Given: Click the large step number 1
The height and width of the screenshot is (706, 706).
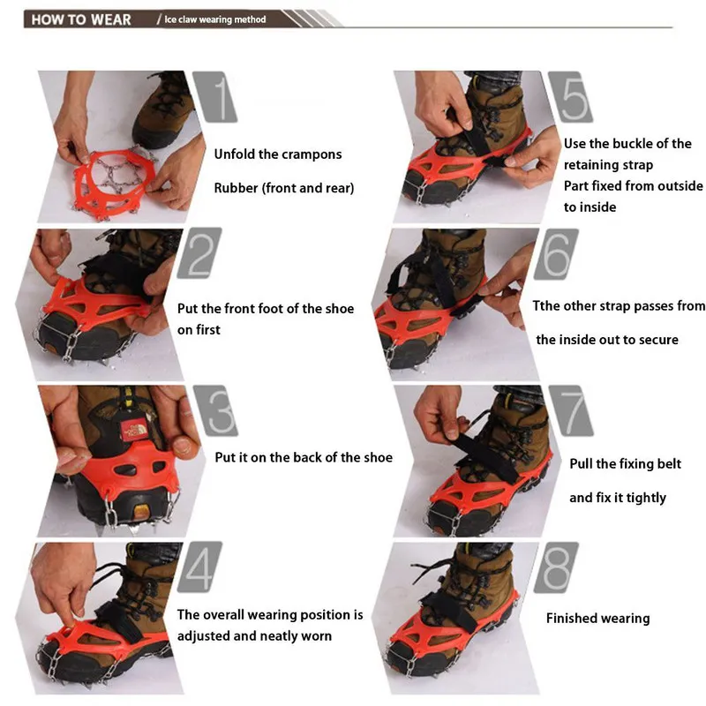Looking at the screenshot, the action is [214, 97].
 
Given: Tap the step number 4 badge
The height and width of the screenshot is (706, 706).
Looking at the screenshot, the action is [199, 567].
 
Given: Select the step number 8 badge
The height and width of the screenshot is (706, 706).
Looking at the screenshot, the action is [556, 567].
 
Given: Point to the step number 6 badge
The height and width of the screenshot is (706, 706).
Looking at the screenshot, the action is [556, 254].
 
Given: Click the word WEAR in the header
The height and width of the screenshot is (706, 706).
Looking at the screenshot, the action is [111, 19].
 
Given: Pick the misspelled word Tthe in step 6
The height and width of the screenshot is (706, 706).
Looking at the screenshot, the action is [545, 305].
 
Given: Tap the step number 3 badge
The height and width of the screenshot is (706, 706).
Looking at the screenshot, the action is [215, 410].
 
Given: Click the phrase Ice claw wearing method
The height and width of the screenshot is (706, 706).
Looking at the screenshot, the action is [214, 19].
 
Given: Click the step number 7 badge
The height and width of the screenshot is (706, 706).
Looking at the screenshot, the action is [571, 410].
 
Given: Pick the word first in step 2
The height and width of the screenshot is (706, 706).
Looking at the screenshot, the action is [207, 329].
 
